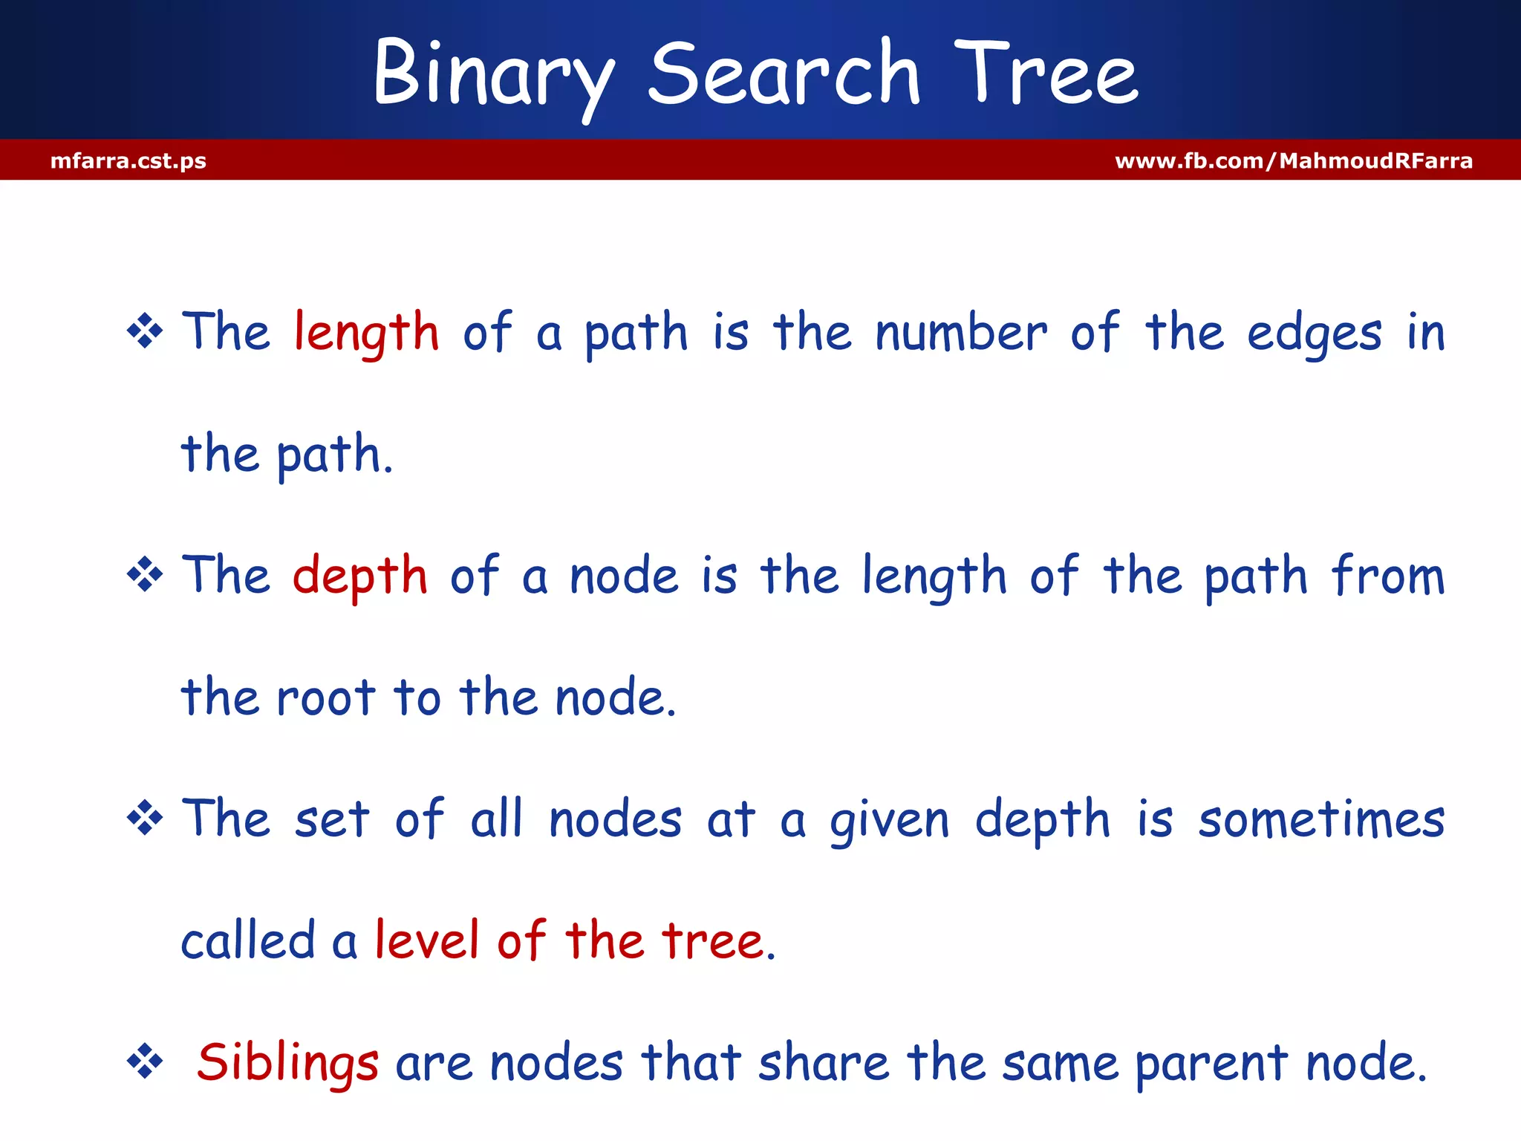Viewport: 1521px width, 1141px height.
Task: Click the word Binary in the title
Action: [x=494, y=74]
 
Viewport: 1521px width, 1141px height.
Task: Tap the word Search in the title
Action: [x=784, y=74]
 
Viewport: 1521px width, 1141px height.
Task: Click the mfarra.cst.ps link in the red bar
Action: [x=128, y=160]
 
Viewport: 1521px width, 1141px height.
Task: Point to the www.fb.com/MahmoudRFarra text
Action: [x=1293, y=160]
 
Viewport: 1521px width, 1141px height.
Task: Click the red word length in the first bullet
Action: [x=366, y=332]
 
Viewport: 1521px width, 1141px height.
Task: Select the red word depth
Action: [x=360, y=576]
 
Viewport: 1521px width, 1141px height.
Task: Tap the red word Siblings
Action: [x=287, y=1062]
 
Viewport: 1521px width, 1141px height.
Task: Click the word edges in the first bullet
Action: [x=1314, y=332]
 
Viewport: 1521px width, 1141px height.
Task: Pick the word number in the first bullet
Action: [x=961, y=332]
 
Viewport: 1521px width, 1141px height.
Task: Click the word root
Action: [x=325, y=698]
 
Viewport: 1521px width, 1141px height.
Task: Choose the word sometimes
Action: [x=1321, y=819]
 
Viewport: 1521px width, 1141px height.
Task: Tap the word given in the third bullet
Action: [x=889, y=819]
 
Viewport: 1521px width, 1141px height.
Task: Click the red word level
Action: [x=426, y=941]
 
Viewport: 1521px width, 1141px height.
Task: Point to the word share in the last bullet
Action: [x=823, y=1062]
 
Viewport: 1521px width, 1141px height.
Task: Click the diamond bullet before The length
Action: [x=145, y=331]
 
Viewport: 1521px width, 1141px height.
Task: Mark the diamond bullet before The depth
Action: [x=145, y=575]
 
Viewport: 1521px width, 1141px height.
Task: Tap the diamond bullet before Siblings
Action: [x=145, y=1062]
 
